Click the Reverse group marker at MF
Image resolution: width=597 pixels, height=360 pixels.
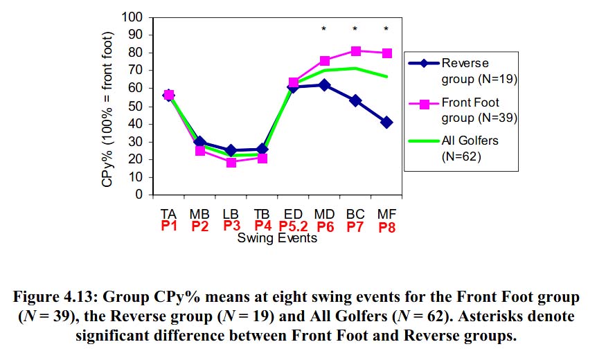tap(386, 122)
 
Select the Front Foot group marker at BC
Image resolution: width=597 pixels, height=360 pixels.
tap(355, 51)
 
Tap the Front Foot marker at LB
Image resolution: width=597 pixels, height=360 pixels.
tap(231, 162)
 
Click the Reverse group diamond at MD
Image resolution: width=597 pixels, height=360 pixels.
tap(324, 84)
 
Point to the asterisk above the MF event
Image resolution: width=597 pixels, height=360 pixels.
tap(386, 29)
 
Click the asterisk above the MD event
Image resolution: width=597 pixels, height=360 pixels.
tap(324, 29)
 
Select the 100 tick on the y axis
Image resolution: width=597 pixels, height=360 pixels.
tap(134, 17)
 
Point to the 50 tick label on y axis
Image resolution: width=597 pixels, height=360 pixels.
tap(136, 106)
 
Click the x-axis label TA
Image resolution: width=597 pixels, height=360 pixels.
tap(168, 213)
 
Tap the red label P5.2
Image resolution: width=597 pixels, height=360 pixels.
tap(294, 226)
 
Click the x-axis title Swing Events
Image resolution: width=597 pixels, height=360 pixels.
tap(277, 238)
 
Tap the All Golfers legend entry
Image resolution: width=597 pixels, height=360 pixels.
tap(470, 148)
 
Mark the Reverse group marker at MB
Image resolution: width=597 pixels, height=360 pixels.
tap(200, 142)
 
